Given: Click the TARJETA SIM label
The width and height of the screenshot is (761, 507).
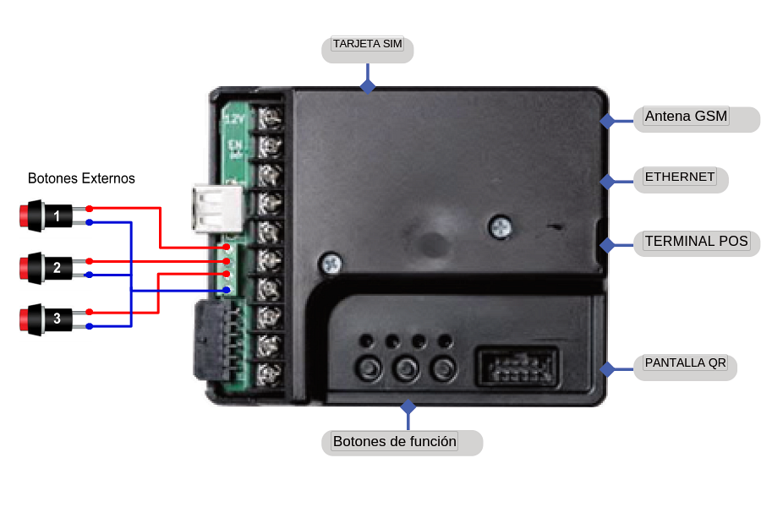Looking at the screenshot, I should pos(367,44).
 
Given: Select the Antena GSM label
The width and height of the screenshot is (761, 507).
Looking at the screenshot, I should pos(686,117).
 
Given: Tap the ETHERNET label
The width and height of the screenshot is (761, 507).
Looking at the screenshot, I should pos(680,177).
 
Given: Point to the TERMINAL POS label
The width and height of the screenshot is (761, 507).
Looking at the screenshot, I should pos(696,242).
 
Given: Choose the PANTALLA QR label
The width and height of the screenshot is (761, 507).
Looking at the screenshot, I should pos(685,363).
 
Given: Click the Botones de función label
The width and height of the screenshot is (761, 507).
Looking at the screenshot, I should pos(395,441).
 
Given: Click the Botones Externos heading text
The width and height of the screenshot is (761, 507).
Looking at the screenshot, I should pos(81,179).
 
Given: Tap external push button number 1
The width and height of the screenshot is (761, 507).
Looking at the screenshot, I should pos(47,215).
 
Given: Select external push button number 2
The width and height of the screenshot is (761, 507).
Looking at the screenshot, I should pos(47,268).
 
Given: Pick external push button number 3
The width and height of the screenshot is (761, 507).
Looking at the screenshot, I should pos(47,319).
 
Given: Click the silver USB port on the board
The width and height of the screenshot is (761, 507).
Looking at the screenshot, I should pos(216,208).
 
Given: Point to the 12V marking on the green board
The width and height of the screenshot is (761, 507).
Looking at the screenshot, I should pos(233,120).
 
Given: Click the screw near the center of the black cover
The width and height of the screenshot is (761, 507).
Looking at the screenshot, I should pos(501,226).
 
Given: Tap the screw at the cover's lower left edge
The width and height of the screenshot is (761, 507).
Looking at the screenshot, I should pos(330,264).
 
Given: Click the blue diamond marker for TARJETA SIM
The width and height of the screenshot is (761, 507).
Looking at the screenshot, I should pos(367,86).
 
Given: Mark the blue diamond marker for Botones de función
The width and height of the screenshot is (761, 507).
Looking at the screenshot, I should pos(408,406).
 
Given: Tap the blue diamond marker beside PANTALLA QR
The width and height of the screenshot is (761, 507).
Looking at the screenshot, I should pos(606,369).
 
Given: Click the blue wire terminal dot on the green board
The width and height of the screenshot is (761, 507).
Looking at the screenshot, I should pos(227,290).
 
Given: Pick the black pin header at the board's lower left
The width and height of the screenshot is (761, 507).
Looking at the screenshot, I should pos(211,338).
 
